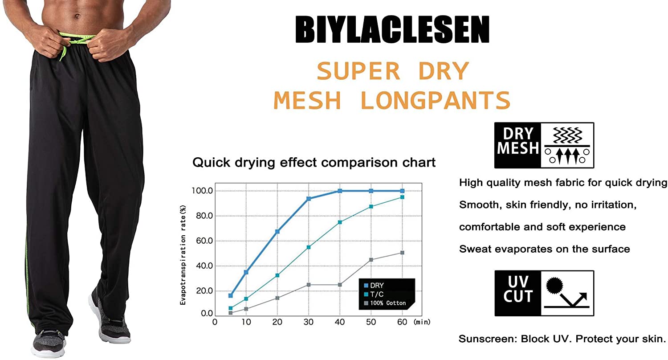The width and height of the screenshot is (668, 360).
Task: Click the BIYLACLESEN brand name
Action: coord(392,29)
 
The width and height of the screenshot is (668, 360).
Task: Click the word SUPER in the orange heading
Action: coord(358,71)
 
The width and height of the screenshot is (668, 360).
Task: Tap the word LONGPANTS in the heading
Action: coord(436,100)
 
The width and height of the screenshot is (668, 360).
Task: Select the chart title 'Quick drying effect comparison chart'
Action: coord(314,163)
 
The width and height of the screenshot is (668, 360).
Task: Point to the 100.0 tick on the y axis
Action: coord(202,191)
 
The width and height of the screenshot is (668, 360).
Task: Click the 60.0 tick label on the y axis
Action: coord(204,241)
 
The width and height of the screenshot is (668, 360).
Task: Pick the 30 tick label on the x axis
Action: coord(308,322)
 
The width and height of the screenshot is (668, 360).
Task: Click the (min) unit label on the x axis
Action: coord(422,322)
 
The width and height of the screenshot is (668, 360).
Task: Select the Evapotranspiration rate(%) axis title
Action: coord(183,255)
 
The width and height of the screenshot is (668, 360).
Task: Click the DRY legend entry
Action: coord(374,286)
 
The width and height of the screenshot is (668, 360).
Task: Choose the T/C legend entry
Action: coord(374,295)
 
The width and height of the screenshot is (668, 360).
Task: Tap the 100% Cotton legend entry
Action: coord(385,303)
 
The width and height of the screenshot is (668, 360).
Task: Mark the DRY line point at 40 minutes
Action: coord(340,191)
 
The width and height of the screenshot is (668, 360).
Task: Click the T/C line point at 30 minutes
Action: coord(308,247)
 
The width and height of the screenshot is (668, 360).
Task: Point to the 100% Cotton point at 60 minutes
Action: coord(402,253)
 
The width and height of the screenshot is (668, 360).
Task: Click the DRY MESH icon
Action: coord(544,145)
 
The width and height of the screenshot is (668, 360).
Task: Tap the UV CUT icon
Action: coord(544,293)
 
